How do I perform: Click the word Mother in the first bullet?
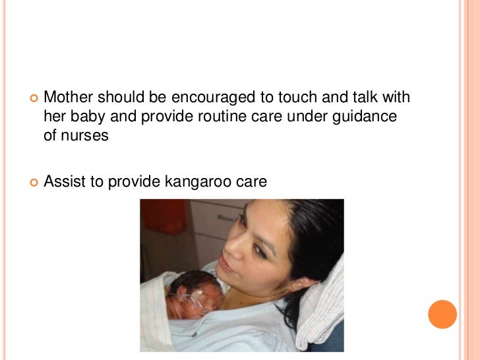coord(69,98)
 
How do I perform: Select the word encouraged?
coord(213,98)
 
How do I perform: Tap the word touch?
coord(298,98)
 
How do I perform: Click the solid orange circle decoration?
coord(442,315)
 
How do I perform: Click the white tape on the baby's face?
coord(198,301)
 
